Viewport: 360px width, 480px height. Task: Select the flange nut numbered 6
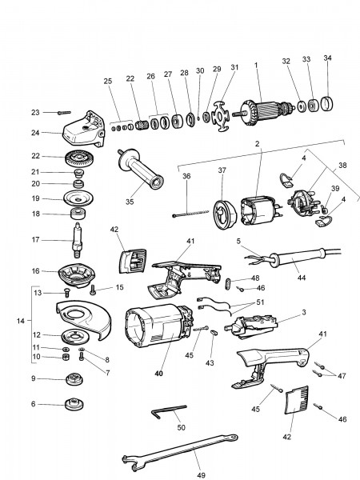[76, 403]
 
